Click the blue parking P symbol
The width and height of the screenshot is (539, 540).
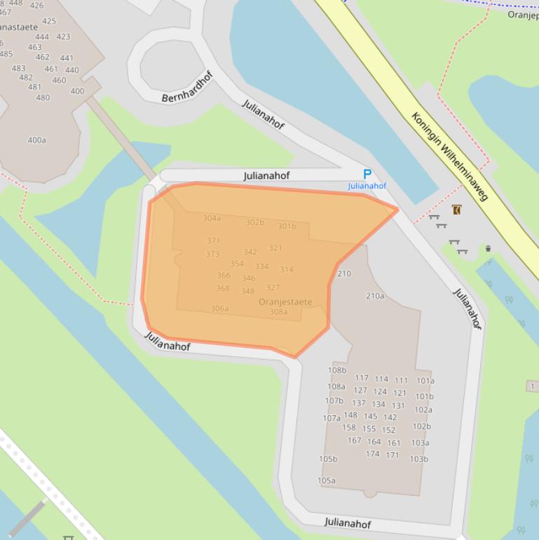tap(367, 174)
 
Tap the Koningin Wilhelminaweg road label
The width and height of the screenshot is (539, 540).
tap(449, 156)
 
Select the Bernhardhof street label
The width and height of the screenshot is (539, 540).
tap(186, 86)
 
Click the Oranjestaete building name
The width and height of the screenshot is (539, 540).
tap(285, 302)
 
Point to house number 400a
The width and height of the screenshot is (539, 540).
tap(37, 140)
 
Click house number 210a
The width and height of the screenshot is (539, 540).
tap(375, 296)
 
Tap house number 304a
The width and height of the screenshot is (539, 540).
tap(212, 218)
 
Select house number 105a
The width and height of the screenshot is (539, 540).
tap(327, 480)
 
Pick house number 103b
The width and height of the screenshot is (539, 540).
tap(419, 459)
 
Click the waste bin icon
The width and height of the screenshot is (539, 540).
tap(488, 248)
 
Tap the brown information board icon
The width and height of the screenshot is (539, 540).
tap(457, 209)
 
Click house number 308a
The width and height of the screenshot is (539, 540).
tap(278, 312)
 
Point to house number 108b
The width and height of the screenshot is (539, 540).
tap(337, 370)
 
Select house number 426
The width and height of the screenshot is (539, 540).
tap(36, 6)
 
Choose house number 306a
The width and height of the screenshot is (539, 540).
tap(219, 309)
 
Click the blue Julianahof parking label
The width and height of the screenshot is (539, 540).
tap(367, 186)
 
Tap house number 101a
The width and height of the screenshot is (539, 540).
tap(425, 381)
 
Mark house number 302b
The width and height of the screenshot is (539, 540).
tap(255, 222)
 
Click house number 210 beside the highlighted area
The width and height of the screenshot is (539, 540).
tap(344, 274)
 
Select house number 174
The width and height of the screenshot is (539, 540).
tap(372, 454)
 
